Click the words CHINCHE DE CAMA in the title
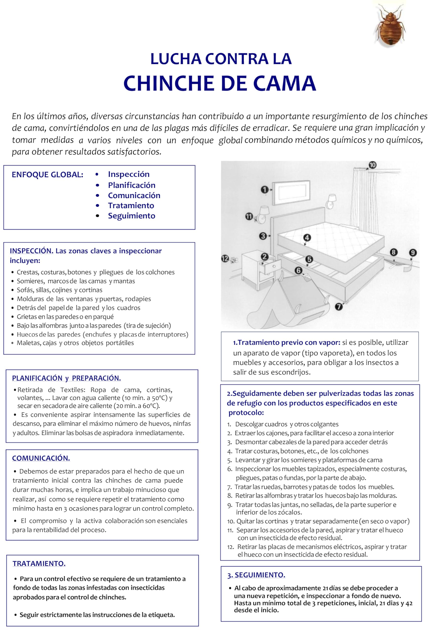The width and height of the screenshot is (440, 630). point(220,83)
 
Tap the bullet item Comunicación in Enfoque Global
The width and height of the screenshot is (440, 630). point(134,195)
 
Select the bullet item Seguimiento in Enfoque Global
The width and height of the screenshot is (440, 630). point(132,216)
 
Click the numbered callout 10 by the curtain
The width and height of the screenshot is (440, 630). point(372,165)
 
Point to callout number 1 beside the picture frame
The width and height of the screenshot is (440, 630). point(265,189)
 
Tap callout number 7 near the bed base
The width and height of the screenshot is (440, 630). point(339,306)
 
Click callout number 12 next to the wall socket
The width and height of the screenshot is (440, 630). point(225,258)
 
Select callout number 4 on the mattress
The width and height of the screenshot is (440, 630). point(307,238)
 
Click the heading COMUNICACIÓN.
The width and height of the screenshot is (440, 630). point(41,458)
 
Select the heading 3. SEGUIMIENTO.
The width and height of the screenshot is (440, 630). point(256,575)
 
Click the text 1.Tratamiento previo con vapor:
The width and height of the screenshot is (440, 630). point(287,342)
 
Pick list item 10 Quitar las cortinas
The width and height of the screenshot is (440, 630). point(318,521)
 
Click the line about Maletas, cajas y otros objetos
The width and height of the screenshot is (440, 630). point(75,343)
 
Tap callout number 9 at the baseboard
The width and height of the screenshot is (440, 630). point(413,252)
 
